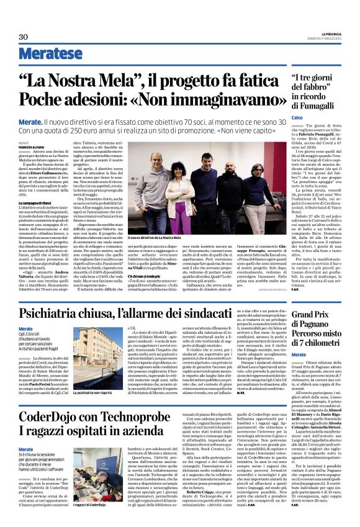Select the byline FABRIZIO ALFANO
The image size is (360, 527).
tap(33, 146)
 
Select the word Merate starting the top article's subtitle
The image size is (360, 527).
tap(30, 124)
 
